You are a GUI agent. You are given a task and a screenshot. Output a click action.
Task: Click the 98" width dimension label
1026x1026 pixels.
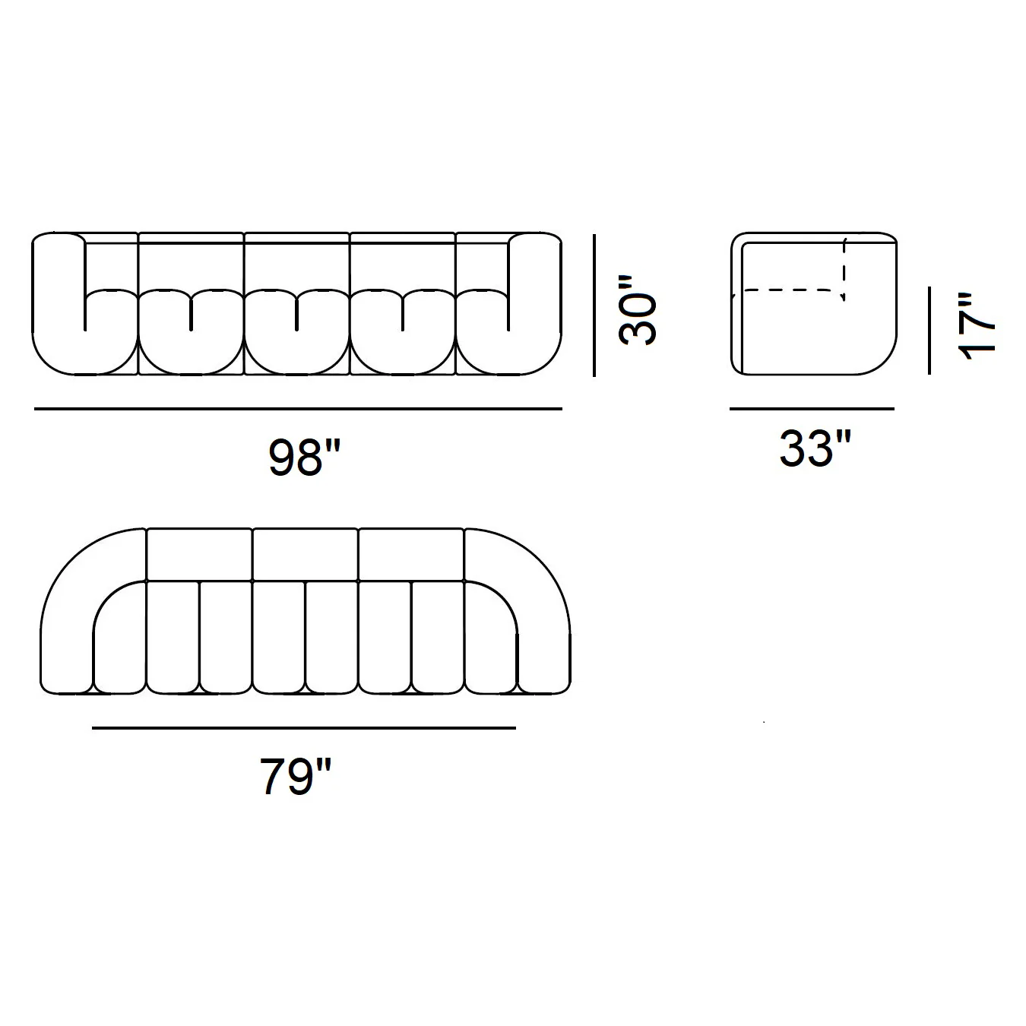click(304, 458)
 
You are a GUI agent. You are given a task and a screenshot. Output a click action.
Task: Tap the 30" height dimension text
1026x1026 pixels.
click(638, 310)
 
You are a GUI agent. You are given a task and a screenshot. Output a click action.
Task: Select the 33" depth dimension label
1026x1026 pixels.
click(815, 449)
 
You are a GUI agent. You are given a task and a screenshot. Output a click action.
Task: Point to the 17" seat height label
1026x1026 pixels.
click(976, 326)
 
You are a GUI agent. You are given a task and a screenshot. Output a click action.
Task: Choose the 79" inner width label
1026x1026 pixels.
click(296, 777)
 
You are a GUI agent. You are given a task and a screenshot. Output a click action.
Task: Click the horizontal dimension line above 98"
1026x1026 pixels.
click(298, 409)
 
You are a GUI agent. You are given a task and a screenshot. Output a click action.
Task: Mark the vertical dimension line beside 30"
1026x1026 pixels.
click(594, 305)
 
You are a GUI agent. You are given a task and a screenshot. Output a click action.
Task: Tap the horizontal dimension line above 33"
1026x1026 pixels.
click(812, 409)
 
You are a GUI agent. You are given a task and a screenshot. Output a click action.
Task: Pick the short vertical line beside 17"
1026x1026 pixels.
click(929, 330)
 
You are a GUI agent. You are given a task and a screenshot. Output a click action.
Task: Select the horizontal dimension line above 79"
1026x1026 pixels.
click(304, 727)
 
